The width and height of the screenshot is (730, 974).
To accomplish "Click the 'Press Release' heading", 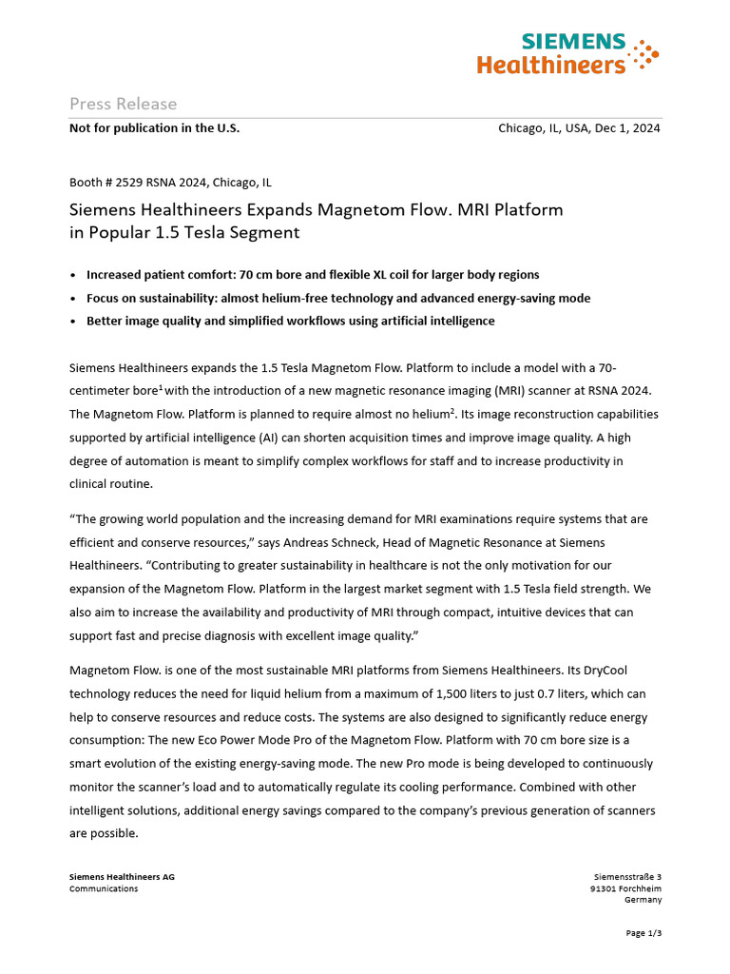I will pyautogui.click(x=123, y=104).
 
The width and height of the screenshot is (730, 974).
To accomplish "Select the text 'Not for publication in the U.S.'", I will pyautogui.click(x=154, y=128).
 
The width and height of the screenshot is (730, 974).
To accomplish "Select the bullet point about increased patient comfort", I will pyautogui.click(x=313, y=275).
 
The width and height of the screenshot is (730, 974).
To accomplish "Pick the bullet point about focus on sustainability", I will pyautogui.click(x=337, y=298).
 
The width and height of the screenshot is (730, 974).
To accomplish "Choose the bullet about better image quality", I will pyautogui.click(x=290, y=321).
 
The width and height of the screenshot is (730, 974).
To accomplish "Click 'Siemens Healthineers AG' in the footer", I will pyautogui.click(x=122, y=877).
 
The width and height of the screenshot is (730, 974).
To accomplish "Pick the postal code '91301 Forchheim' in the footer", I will pyautogui.click(x=625, y=888).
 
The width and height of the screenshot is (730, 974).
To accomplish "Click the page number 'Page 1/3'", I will pyautogui.click(x=644, y=933).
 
